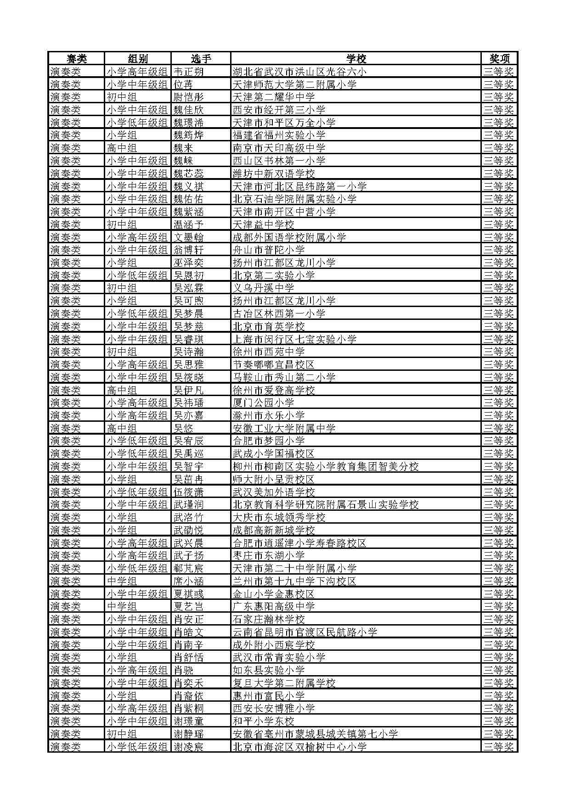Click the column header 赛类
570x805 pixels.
click(76, 59)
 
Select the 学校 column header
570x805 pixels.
click(356, 59)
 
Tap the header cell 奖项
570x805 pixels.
click(499, 59)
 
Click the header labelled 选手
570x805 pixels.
click(201, 59)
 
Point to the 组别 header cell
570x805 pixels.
click(138, 59)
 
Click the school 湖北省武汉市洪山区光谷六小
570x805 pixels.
click(299, 72)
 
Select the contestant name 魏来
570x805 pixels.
click(183, 148)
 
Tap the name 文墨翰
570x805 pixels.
click(188, 237)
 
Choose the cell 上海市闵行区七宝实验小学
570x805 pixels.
click(294, 339)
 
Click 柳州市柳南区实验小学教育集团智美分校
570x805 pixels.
click(326, 466)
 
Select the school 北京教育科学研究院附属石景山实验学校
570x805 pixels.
click(326, 505)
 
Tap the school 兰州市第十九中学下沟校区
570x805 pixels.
click(294, 581)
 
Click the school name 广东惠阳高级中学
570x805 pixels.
click(274, 607)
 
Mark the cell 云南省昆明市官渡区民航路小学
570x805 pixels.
click(305, 632)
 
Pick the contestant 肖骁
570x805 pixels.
click(183, 670)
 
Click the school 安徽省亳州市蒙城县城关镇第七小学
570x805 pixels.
click(315, 734)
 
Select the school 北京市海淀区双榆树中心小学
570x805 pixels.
click(299, 747)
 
